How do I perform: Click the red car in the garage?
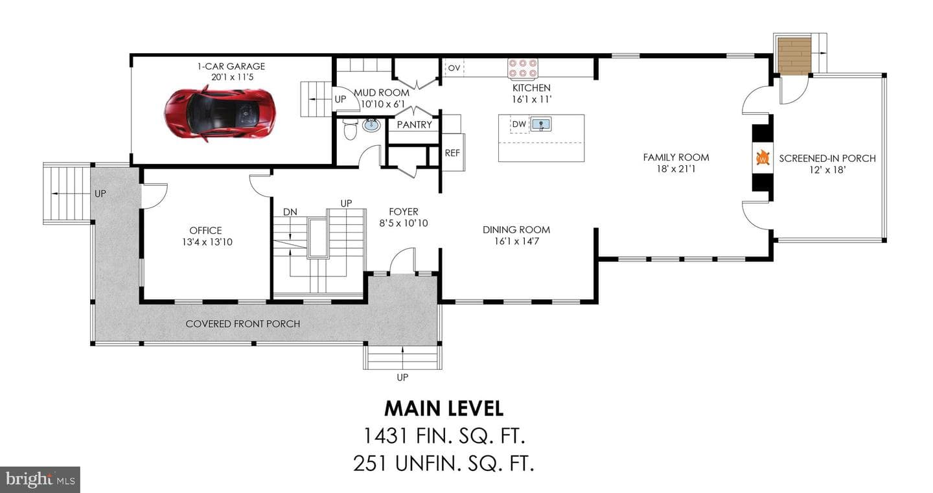tap(220, 113)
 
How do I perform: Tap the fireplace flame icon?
tap(763, 158)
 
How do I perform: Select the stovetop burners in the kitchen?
tap(523, 68)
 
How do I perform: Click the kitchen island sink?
tap(540, 124)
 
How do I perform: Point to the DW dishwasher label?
tap(519, 124)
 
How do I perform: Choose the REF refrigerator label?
tap(452, 154)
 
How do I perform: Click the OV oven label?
tap(454, 68)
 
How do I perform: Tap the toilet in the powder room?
tap(350, 130)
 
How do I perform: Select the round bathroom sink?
tap(371, 125)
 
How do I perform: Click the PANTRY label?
tap(414, 125)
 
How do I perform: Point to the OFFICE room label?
tap(205, 231)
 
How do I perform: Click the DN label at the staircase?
tap(290, 212)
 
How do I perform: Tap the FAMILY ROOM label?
tap(676, 157)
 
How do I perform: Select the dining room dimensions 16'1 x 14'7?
tap(516, 241)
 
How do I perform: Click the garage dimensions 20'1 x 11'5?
tap(232, 77)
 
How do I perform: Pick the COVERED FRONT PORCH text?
tap(243, 324)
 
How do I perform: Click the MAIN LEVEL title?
tap(444, 409)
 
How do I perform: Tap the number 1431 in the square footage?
tap(386, 436)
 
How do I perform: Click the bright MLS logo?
tap(40, 479)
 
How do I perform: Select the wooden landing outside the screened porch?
tap(794, 56)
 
